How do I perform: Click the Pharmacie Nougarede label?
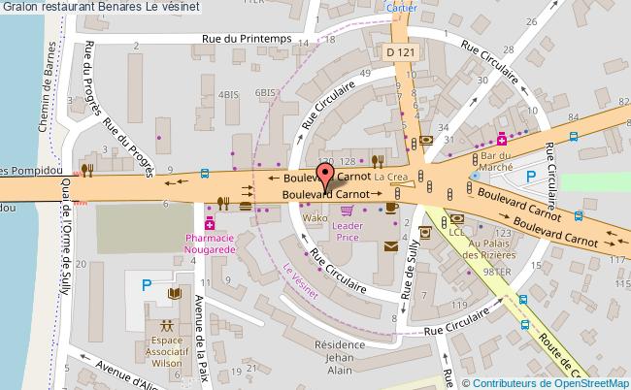210,244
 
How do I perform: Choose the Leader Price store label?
348,231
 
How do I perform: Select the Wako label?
315,218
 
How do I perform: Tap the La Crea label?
391,178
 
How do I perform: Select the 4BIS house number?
228,94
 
